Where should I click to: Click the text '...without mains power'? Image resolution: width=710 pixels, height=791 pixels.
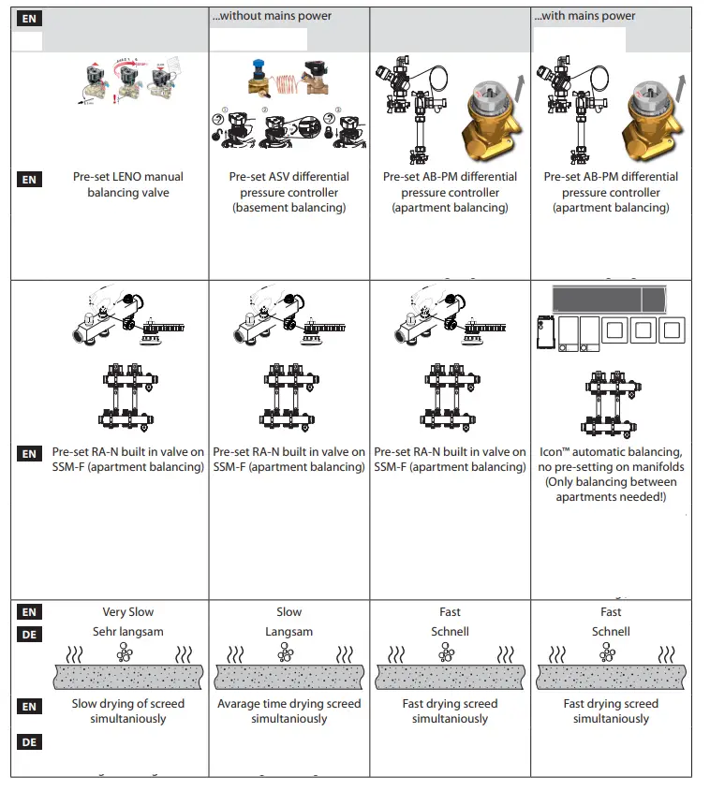pos(272,16)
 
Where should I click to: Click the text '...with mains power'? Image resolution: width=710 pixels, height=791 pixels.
pos(584,16)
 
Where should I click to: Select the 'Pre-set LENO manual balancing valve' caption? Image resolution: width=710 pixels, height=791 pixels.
pos(128,184)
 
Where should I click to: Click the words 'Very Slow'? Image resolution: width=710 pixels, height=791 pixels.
pos(128,612)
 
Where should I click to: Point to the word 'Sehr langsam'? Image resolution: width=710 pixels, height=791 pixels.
pos(128,632)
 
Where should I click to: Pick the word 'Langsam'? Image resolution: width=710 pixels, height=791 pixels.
pos(288,632)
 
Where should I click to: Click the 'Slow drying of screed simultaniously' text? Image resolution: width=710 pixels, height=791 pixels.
pos(128,711)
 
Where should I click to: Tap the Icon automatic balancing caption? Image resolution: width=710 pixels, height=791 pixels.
pos(611,475)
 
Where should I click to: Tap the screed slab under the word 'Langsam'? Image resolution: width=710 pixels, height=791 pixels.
pos(288,677)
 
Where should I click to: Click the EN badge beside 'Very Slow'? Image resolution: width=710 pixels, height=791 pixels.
pos(29,612)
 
